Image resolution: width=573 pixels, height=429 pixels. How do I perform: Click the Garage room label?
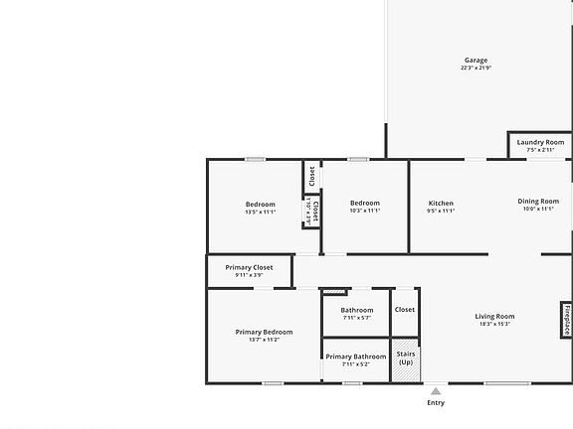[476, 61]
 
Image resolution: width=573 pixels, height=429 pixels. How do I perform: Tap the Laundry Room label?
[540, 142]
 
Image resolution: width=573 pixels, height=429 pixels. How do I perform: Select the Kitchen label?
[440, 204]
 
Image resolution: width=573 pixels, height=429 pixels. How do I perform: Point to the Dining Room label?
[538, 202]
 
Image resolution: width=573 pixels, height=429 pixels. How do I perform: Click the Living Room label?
[494, 316]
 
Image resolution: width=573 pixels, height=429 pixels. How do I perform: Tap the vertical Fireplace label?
[566, 321]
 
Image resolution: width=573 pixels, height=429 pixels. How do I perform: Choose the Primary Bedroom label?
[264, 332]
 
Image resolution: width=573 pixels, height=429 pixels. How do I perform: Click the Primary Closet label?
[249, 267]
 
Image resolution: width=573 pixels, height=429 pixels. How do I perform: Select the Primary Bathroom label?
[355, 357]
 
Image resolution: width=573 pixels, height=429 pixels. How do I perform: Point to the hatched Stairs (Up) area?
[406, 358]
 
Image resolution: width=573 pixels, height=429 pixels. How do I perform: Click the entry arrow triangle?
[436, 391]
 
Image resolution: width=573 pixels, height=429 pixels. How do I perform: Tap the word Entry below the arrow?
[436, 402]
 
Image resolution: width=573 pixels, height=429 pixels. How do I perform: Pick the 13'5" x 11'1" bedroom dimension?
[260, 212]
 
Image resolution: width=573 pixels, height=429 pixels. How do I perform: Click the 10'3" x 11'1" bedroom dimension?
[365, 212]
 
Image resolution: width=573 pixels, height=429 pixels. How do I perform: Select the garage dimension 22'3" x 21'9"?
[476, 69]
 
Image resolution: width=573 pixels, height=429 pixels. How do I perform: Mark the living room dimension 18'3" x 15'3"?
[494, 324]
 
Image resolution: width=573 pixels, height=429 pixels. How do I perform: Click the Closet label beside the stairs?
[405, 310]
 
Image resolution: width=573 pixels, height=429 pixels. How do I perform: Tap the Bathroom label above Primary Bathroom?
[356, 310]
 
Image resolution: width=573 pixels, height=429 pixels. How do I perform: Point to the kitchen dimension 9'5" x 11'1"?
[440, 212]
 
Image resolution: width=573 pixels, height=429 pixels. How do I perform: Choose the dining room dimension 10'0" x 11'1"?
[538, 210]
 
